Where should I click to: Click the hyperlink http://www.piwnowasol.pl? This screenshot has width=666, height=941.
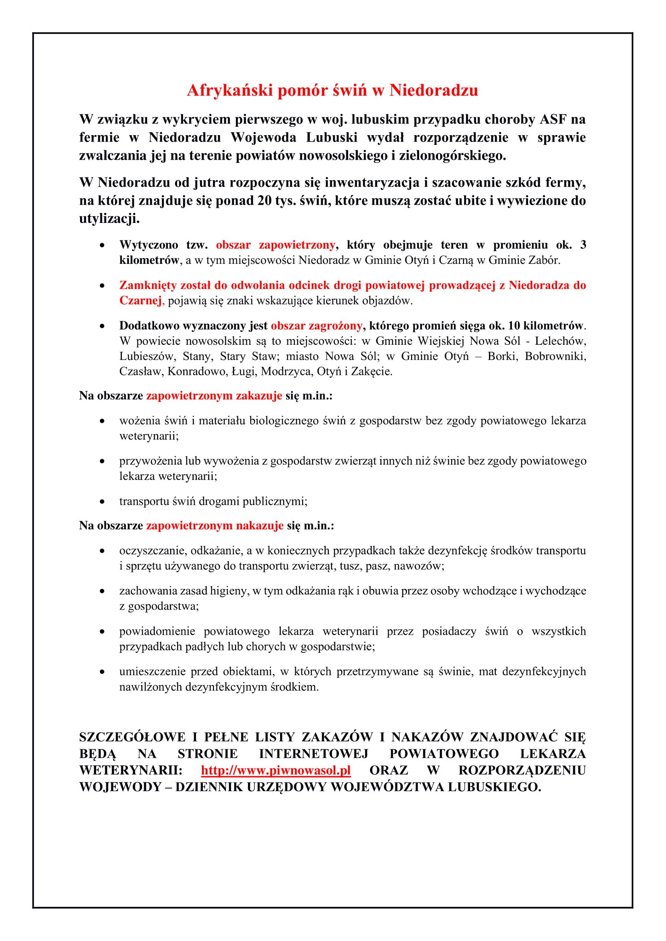coord(276,770)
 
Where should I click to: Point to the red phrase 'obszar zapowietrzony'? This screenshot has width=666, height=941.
coord(276,245)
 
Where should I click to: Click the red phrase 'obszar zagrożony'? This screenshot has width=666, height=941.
coord(316,326)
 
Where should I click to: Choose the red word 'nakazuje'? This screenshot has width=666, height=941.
coord(260,525)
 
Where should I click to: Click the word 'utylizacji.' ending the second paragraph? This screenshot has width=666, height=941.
coord(109,219)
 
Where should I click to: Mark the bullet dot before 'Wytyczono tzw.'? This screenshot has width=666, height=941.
coord(102,245)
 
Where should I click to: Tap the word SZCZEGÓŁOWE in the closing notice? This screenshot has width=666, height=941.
coord(132,737)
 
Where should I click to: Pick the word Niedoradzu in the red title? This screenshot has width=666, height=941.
coord(434,90)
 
